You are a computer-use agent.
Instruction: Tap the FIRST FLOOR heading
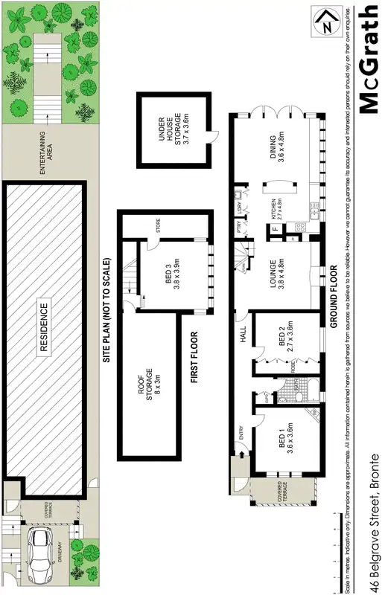[x=195, y=357]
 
